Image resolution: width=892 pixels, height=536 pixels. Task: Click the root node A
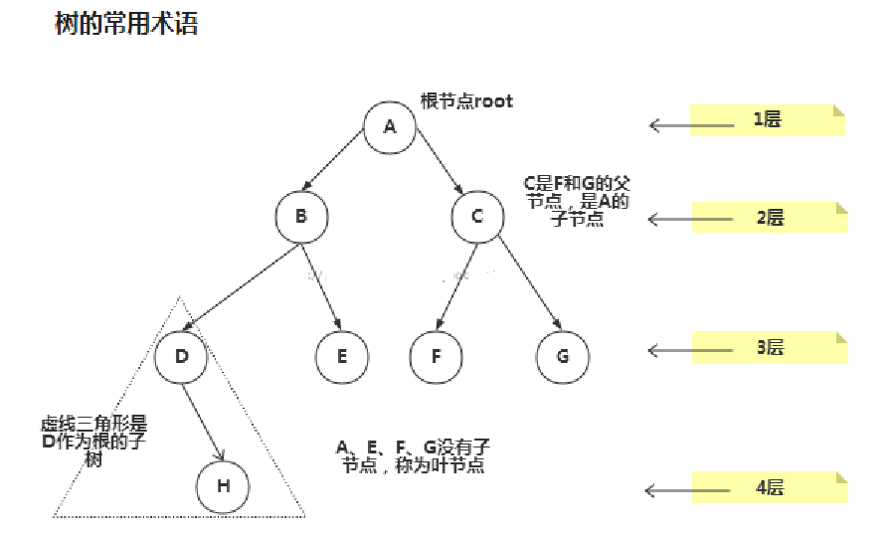(389, 126)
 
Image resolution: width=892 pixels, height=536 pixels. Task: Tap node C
(476, 217)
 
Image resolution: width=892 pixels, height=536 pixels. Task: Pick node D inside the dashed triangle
(181, 354)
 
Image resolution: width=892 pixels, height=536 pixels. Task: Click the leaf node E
(341, 355)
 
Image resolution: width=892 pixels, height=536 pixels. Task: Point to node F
(436, 355)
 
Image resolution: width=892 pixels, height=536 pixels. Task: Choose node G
(562, 355)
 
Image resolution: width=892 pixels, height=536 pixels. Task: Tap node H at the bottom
(223, 486)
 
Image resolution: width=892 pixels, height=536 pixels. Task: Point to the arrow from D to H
(204, 420)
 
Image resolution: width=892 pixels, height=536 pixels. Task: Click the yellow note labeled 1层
(767, 120)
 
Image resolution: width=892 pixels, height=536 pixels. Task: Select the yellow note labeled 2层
(769, 217)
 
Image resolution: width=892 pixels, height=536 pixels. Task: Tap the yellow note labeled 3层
(769, 347)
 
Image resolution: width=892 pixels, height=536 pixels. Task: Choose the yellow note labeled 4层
(769, 487)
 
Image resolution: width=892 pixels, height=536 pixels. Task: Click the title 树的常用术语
(125, 24)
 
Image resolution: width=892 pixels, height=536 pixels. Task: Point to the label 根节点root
(466, 100)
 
